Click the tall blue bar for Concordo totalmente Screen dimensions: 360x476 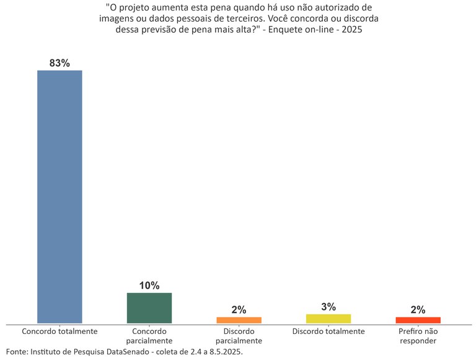point(59,196)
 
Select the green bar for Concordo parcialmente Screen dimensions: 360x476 point(149,308)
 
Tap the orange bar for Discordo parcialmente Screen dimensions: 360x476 point(239,320)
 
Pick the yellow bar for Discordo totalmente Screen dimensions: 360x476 point(328,318)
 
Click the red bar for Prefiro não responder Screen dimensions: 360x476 point(418,320)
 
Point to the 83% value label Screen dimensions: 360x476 point(59,63)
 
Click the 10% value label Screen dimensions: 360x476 point(149,286)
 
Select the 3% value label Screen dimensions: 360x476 point(328,307)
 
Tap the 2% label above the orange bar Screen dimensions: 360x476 point(239,310)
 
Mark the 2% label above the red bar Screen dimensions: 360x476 point(418,310)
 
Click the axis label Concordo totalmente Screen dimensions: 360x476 point(59,331)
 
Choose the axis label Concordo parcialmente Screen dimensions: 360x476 point(149,336)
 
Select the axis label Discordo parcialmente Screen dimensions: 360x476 point(239,336)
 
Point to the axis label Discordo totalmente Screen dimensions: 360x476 point(328,331)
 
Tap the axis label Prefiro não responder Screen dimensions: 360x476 point(418,336)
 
